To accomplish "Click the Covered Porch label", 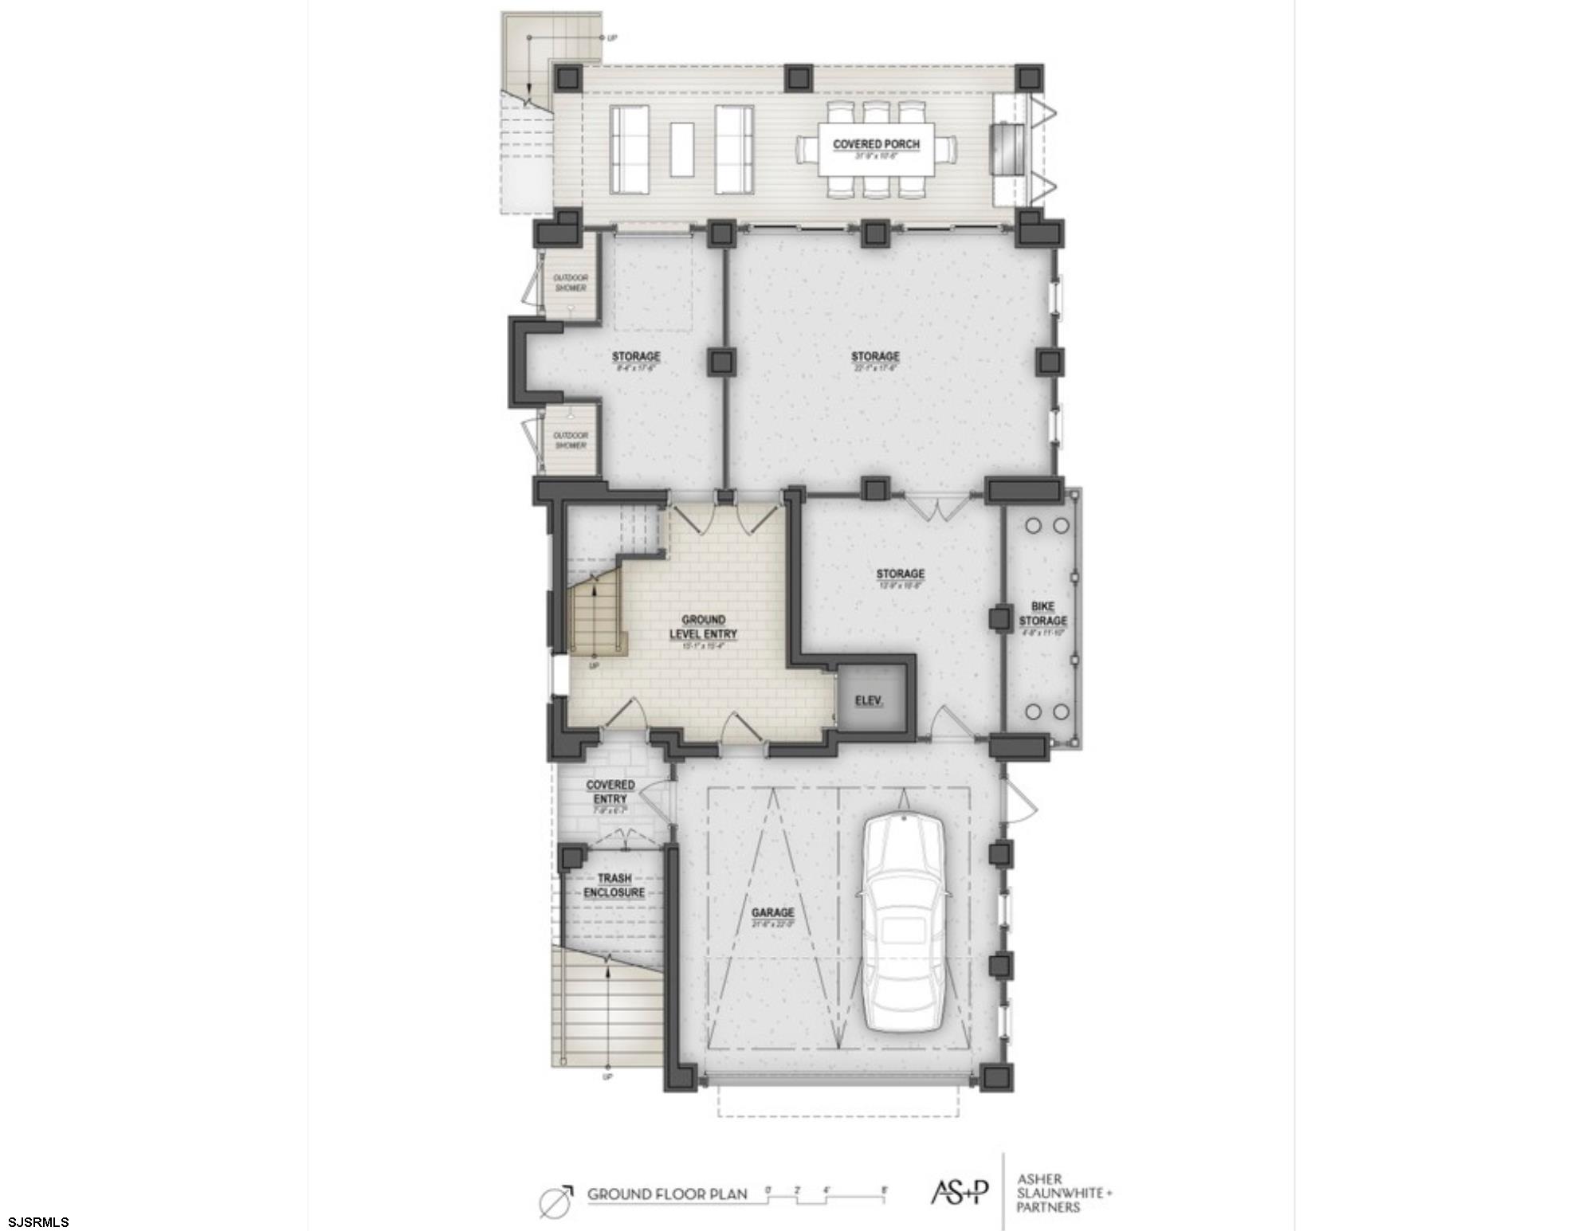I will point(876,144).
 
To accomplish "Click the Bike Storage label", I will point(1042,614).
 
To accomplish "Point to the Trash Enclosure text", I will point(614,885).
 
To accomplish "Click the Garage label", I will point(772,912).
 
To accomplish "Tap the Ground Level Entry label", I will point(704,626).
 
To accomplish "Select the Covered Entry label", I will point(611,791).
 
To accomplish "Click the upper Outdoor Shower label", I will point(571,283).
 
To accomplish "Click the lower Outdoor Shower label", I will point(571,440).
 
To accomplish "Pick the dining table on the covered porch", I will point(876,149).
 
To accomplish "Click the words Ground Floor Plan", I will point(667,1194).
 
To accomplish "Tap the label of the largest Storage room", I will point(874,356).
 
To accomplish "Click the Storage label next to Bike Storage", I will point(900,574).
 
